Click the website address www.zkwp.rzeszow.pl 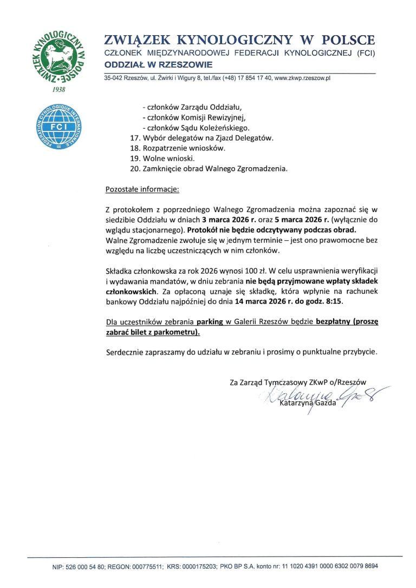coord(303,78)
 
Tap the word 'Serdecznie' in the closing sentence coord(126,352)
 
